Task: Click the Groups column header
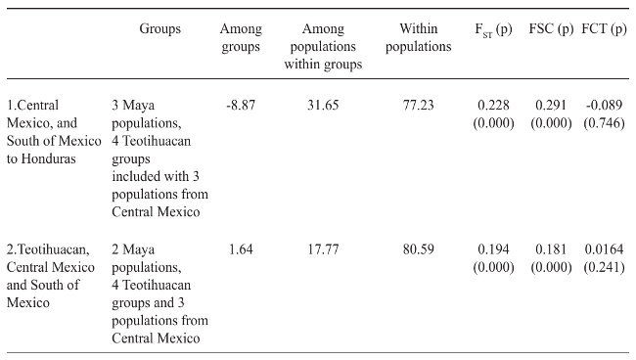(159, 29)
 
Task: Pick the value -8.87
(241, 106)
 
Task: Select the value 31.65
(322, 106)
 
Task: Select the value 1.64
(241, 248)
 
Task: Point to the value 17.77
(322, 248)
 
